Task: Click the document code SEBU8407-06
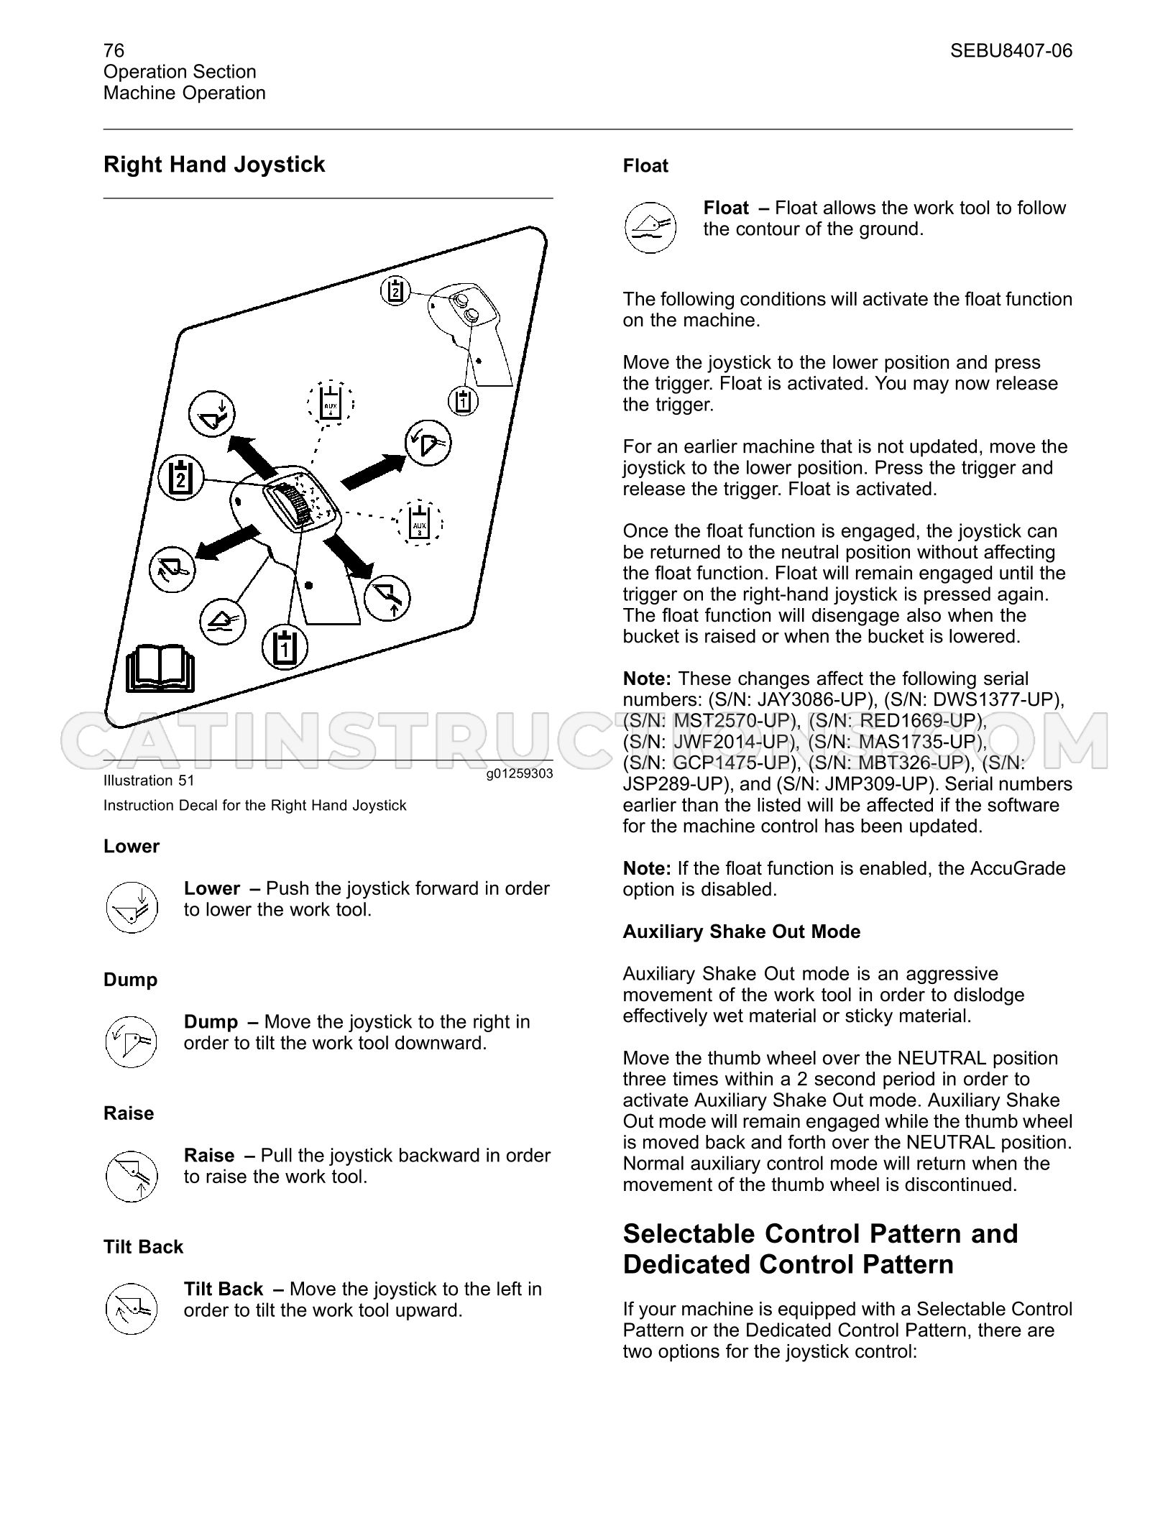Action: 1011,50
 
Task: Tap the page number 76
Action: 114,50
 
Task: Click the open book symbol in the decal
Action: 160,668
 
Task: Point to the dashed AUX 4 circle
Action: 331,403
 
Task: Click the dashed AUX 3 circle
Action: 419,523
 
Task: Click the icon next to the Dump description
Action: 131,1041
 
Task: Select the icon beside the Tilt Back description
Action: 131,1308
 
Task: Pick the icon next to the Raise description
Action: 131,1174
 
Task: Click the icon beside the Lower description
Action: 131,908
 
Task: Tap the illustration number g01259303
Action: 519,774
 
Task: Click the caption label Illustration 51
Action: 149,781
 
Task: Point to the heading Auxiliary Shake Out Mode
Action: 742,931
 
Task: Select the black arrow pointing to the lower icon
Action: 251,458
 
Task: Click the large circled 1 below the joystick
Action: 285,648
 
